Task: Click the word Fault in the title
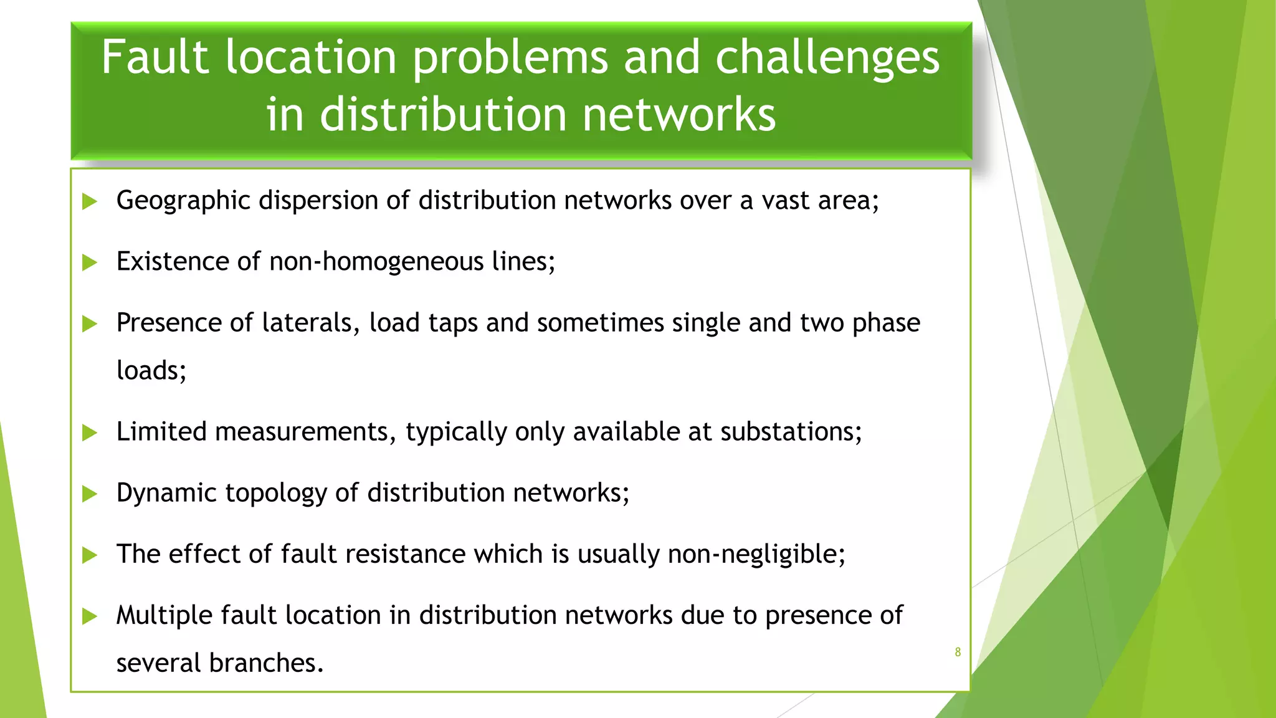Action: coord(155,57)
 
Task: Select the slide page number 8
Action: coord(958,652)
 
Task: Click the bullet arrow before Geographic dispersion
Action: coord(90,201)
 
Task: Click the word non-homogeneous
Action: coord(376,262)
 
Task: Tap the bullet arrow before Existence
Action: coord(90,262)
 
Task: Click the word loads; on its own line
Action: coord(151,371)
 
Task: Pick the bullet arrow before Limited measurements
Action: coord(90,433)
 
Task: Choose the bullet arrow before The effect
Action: coord(90,555)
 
